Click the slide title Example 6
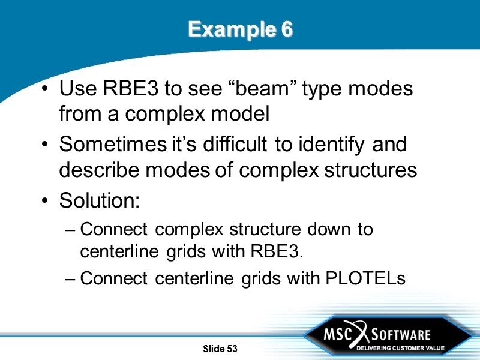tap(240, 29)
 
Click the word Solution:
tap(99, 200)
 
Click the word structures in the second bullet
tap(373, 170)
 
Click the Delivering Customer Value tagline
tap(400, 348)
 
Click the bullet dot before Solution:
tap(46, 201)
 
